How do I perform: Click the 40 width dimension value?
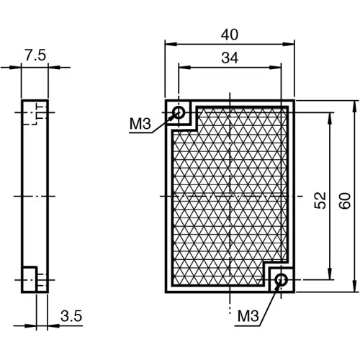click(x=230, y=34)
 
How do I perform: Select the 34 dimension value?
click(x=230, y=58)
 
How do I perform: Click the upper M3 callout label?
click(x=140, y=125)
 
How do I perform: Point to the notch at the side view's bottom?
click(x=30, y=279)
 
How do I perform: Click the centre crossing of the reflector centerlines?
click(x=230, y=196)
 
